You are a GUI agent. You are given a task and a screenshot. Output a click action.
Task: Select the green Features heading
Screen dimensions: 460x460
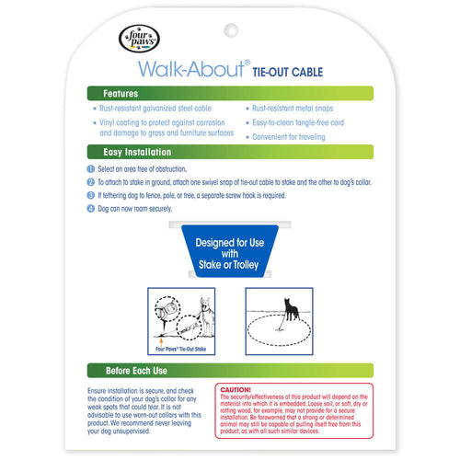121,94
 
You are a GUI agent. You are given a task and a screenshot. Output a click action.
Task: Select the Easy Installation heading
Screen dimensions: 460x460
137,152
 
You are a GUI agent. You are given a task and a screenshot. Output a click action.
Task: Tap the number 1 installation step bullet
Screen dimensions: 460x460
91,169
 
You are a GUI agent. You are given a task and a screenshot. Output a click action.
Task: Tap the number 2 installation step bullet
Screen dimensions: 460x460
91,182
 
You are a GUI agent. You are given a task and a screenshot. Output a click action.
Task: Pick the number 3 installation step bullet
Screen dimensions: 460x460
91,195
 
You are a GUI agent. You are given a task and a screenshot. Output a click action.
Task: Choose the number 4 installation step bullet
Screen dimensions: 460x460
91,208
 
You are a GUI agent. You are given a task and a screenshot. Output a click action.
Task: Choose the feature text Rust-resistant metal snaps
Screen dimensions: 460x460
294,109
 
